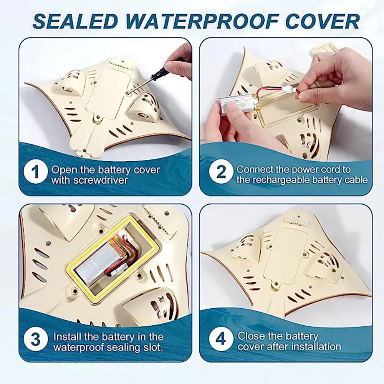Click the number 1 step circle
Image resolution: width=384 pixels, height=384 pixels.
[x=35, y=172]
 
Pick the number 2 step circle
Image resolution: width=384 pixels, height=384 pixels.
[x=221, y=172]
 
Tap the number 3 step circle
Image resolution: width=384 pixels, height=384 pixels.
[x=35, y=339]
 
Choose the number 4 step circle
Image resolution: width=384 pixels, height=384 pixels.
[x=221, y=339]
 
